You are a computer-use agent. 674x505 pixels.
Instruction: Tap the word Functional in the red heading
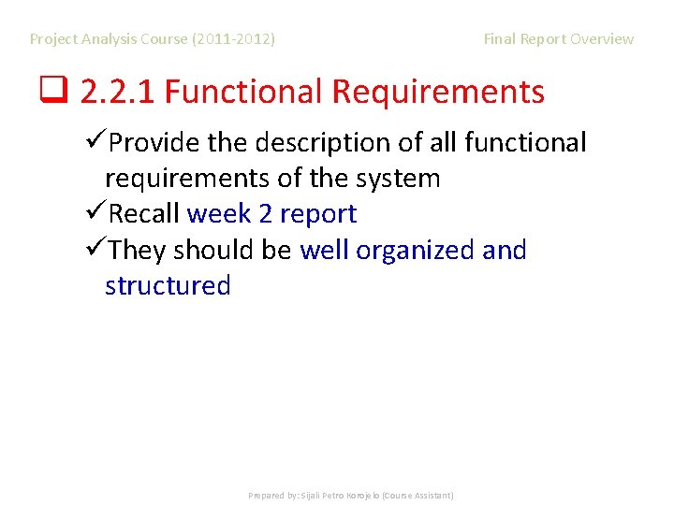tap(244, 92)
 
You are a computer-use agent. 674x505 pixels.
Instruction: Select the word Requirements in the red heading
tap(438, 92)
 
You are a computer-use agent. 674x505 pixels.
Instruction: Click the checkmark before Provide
tap(94, 142)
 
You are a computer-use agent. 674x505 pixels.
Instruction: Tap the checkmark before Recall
tap(94, 214)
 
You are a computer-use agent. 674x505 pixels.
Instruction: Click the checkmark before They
tap(94, 250)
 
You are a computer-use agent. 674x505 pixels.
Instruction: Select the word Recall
tap(144, 214)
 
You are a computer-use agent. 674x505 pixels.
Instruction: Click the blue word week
tap(219, 214)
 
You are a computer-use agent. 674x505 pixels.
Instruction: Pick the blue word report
tap(318, 214)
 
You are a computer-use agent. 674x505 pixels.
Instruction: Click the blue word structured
tap(168, 285)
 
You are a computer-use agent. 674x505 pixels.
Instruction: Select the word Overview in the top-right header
tap(602, 39)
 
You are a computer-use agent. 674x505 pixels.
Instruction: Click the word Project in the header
tap(54, 39)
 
